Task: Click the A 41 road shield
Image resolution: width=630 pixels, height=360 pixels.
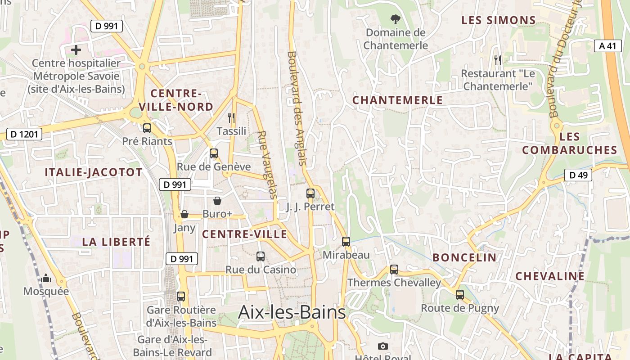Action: tap(607, 45)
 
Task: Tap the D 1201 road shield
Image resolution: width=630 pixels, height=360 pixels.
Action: tap(24, 134)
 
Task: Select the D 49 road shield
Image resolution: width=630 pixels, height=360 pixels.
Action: tap(578, 175)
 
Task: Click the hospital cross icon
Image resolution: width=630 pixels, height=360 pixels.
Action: tap(76, 50)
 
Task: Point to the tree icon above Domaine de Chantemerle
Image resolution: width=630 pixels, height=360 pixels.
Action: tap(395, 19)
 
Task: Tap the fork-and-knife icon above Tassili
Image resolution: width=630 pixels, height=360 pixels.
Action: tap(231, 118)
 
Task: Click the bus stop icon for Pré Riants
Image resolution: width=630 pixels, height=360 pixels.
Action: tap(147, 128)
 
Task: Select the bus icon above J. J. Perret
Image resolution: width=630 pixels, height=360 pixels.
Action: tap(310, 193)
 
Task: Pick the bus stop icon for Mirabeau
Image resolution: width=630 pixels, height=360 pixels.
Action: tap(346, 242)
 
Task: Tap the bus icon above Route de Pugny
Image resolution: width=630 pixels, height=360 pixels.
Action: tap(459, 295)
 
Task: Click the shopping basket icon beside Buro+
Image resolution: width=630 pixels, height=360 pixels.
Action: tap(217, 201)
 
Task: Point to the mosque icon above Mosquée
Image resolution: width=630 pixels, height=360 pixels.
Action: tap(46, 279)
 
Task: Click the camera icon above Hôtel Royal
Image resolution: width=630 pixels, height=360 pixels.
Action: tap(383, 346)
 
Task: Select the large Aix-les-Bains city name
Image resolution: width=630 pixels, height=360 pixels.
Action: tap(292, 312)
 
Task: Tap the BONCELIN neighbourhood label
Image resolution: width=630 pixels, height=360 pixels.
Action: tap(464, 258)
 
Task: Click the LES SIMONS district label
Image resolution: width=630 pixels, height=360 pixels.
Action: tap(499, 20)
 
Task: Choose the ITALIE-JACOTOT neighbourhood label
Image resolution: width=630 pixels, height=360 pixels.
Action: tap(94, 172)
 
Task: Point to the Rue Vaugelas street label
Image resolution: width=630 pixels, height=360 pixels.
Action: tap(268, 165)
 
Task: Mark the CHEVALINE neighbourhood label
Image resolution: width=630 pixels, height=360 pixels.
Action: tap(550, 276)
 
